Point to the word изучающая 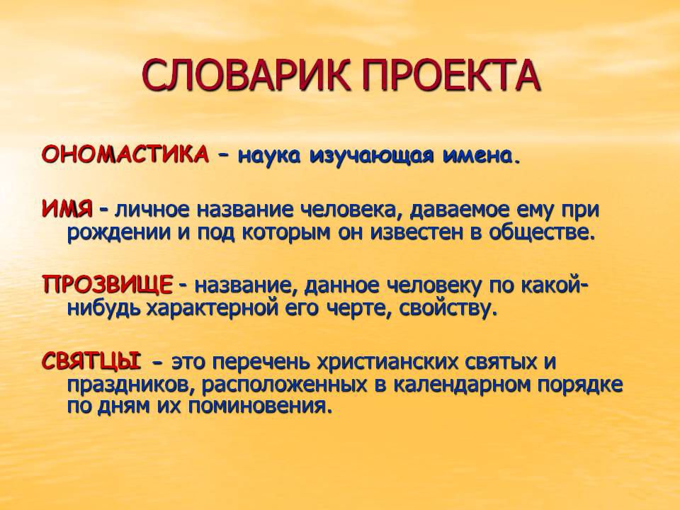(372, 156)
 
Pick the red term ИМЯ (67, 210)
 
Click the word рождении (119, 232)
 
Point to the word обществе (540, 232)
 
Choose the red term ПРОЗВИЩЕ (108, 285)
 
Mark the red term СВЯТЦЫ (91, 361)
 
